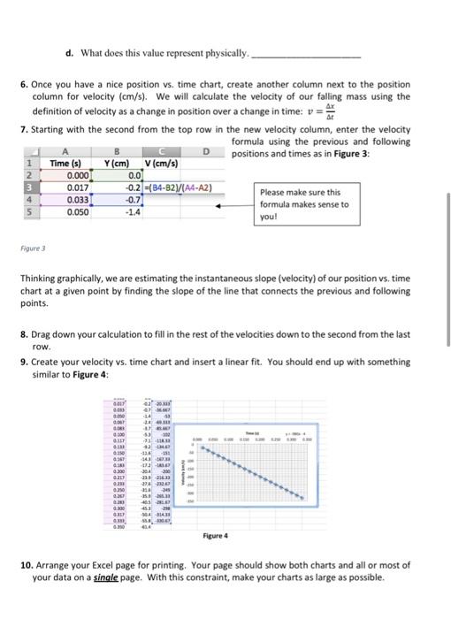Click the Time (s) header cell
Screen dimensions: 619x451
coord(67,163)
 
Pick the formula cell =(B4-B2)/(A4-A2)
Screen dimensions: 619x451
coord(180,187)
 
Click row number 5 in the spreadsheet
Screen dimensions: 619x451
coord(28,213)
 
